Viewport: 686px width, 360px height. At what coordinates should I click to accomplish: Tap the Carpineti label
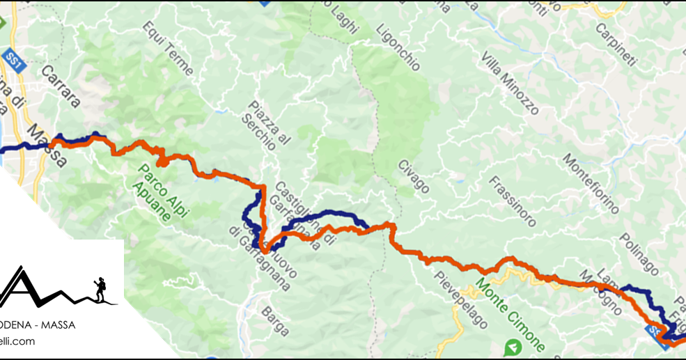coord(616,46)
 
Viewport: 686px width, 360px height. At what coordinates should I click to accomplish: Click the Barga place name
coord(273,322)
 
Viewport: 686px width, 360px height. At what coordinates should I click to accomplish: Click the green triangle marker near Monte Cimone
coord(513,346)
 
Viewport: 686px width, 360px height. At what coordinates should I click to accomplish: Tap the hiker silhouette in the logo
coord(100,290)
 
